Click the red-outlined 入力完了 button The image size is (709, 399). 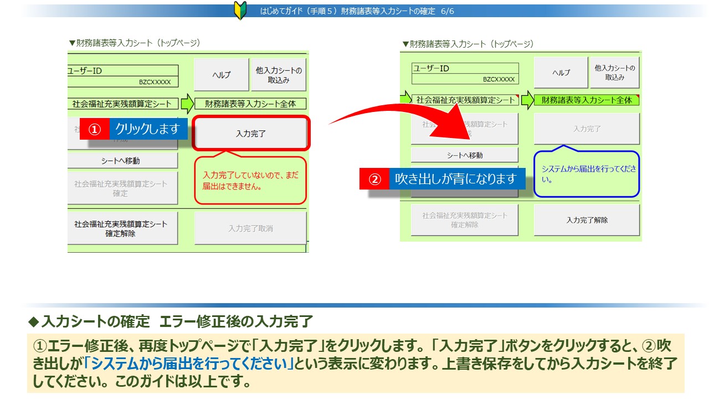coord(251,134)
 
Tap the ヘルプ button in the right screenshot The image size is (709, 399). coord(561,73)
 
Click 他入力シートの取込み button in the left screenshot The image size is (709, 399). coord(279,75)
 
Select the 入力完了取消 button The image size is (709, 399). coord(250,228)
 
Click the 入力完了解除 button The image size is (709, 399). coord(587,220)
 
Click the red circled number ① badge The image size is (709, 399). coord(95,129)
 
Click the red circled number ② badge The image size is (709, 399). coord(374,179)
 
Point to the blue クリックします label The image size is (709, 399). coord(148,129)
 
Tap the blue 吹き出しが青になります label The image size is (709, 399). coord(456,179)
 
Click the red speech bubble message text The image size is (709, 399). coord(250,180)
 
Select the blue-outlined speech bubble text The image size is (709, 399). coord(587,173)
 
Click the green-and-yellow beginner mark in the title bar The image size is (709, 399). coord(240,11)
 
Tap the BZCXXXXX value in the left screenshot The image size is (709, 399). coord(155,82)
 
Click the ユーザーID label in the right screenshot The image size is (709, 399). coord(431,68)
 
